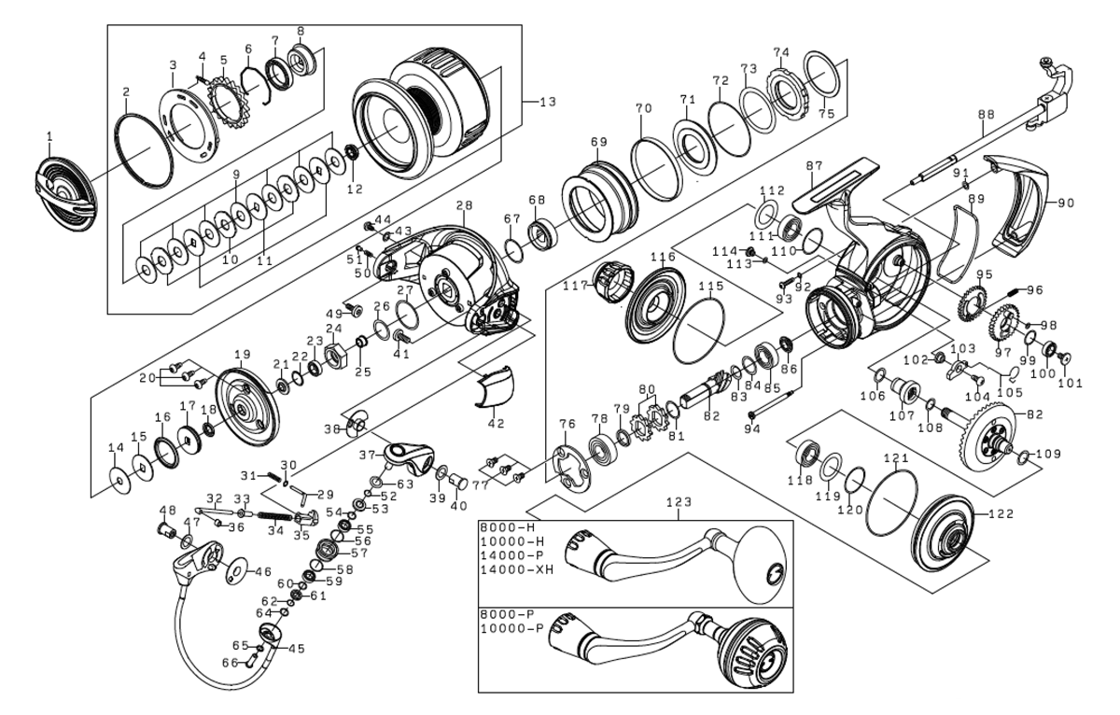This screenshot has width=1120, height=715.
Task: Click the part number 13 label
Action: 546,100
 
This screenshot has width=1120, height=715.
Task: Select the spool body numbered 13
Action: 425,108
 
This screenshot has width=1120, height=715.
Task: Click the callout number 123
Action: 679,502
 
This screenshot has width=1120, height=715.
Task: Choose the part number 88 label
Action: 986,115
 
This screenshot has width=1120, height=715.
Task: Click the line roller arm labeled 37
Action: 407,456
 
